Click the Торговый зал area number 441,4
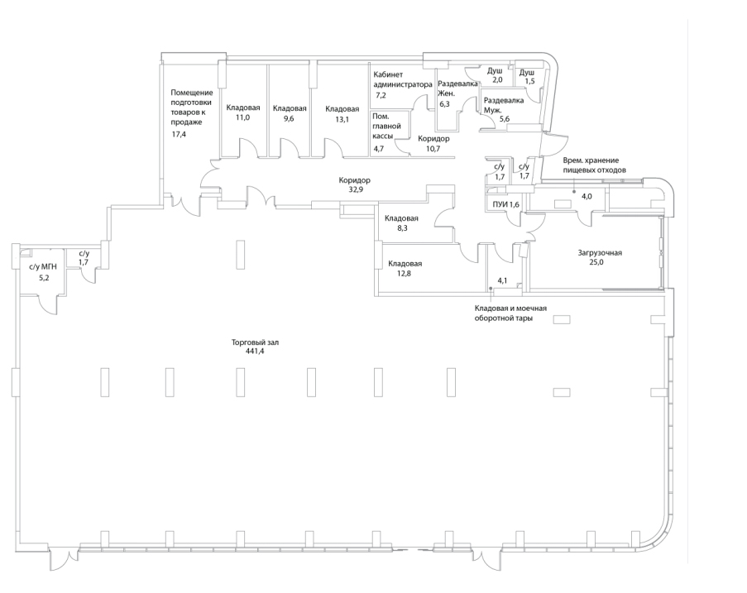[255, 351]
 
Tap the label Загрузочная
[600, 253]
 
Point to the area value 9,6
[289, 118]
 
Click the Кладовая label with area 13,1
[342, 109]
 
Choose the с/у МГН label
[43, 267]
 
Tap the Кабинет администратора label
[403, 79]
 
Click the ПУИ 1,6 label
[506, 205]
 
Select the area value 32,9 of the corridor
[354, 189]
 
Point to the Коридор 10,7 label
[433, 143]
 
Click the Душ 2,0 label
[495, 75]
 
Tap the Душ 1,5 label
[527, 77]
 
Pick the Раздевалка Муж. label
[504, 105]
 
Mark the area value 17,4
[180, 134]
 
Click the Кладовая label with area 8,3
[401, 218]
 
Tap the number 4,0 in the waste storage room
[587, 196]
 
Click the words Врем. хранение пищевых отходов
[595, 165]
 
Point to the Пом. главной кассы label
[386, 127]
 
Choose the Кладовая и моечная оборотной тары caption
[510, 313]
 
